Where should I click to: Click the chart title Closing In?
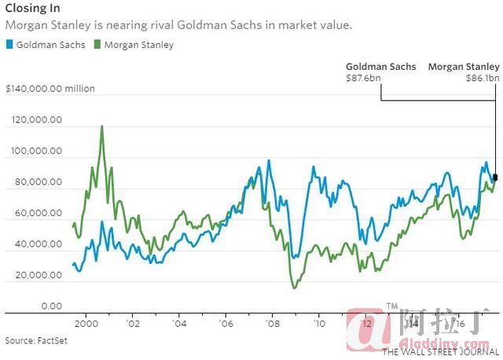[34, 11]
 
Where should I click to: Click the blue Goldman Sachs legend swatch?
[9, 45]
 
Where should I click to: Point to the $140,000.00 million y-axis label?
[50, 89]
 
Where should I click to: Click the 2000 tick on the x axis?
[86, 322]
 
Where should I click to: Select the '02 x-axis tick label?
[134, 322]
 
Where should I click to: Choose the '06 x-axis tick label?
[226, 322]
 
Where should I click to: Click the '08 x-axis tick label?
[273, 322]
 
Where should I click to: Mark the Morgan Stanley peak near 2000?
[101, 127]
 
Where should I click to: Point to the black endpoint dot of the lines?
[495, 155]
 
